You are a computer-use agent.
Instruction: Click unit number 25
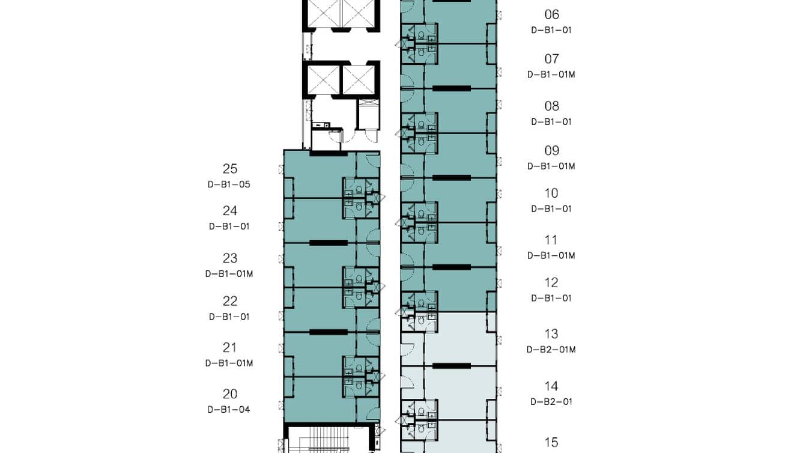(230, 169)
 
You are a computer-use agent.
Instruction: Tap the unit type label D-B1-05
(229, 184)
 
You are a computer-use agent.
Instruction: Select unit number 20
(230, 394)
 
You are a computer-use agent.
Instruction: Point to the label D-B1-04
(229, 410)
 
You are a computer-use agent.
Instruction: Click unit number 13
(551, 334)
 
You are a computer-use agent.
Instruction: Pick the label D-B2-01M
(551, 350)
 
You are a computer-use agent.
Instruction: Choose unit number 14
(551, 386)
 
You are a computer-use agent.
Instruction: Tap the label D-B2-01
(551, 401)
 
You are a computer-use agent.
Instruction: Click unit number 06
(551, 14)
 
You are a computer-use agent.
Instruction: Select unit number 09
(551, 150)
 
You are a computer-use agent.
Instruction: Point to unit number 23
(230, 258)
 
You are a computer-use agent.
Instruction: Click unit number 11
(551, 240)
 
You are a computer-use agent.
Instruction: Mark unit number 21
(229, 348)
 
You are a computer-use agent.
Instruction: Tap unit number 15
(551, 442)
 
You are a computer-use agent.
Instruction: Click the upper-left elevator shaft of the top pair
(324, 13)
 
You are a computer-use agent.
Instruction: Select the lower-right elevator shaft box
(359, 80)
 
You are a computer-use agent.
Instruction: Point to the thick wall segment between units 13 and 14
(452, 366)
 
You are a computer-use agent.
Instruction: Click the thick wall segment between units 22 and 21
(329, 332)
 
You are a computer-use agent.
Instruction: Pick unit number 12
(551, 283)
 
